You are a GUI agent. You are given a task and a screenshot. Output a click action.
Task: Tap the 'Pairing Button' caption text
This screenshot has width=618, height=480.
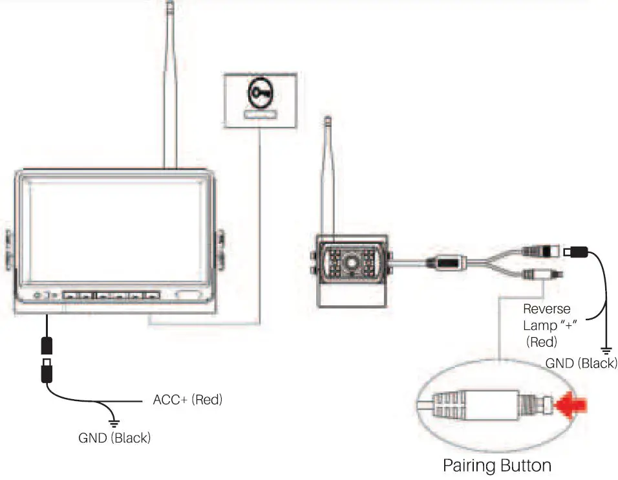coord(496,465)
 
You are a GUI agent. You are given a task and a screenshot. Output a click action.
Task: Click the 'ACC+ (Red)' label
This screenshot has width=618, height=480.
coord(187,400)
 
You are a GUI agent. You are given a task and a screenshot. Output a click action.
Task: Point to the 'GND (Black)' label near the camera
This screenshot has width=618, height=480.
coord(581,363)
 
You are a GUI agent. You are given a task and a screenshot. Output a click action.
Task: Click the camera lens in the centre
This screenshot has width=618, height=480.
coord(352,263)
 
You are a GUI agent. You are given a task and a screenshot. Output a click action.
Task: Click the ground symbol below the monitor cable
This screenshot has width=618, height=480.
coord(114,421)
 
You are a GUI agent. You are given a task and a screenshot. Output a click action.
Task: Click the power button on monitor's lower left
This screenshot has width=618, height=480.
coord(37,295)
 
